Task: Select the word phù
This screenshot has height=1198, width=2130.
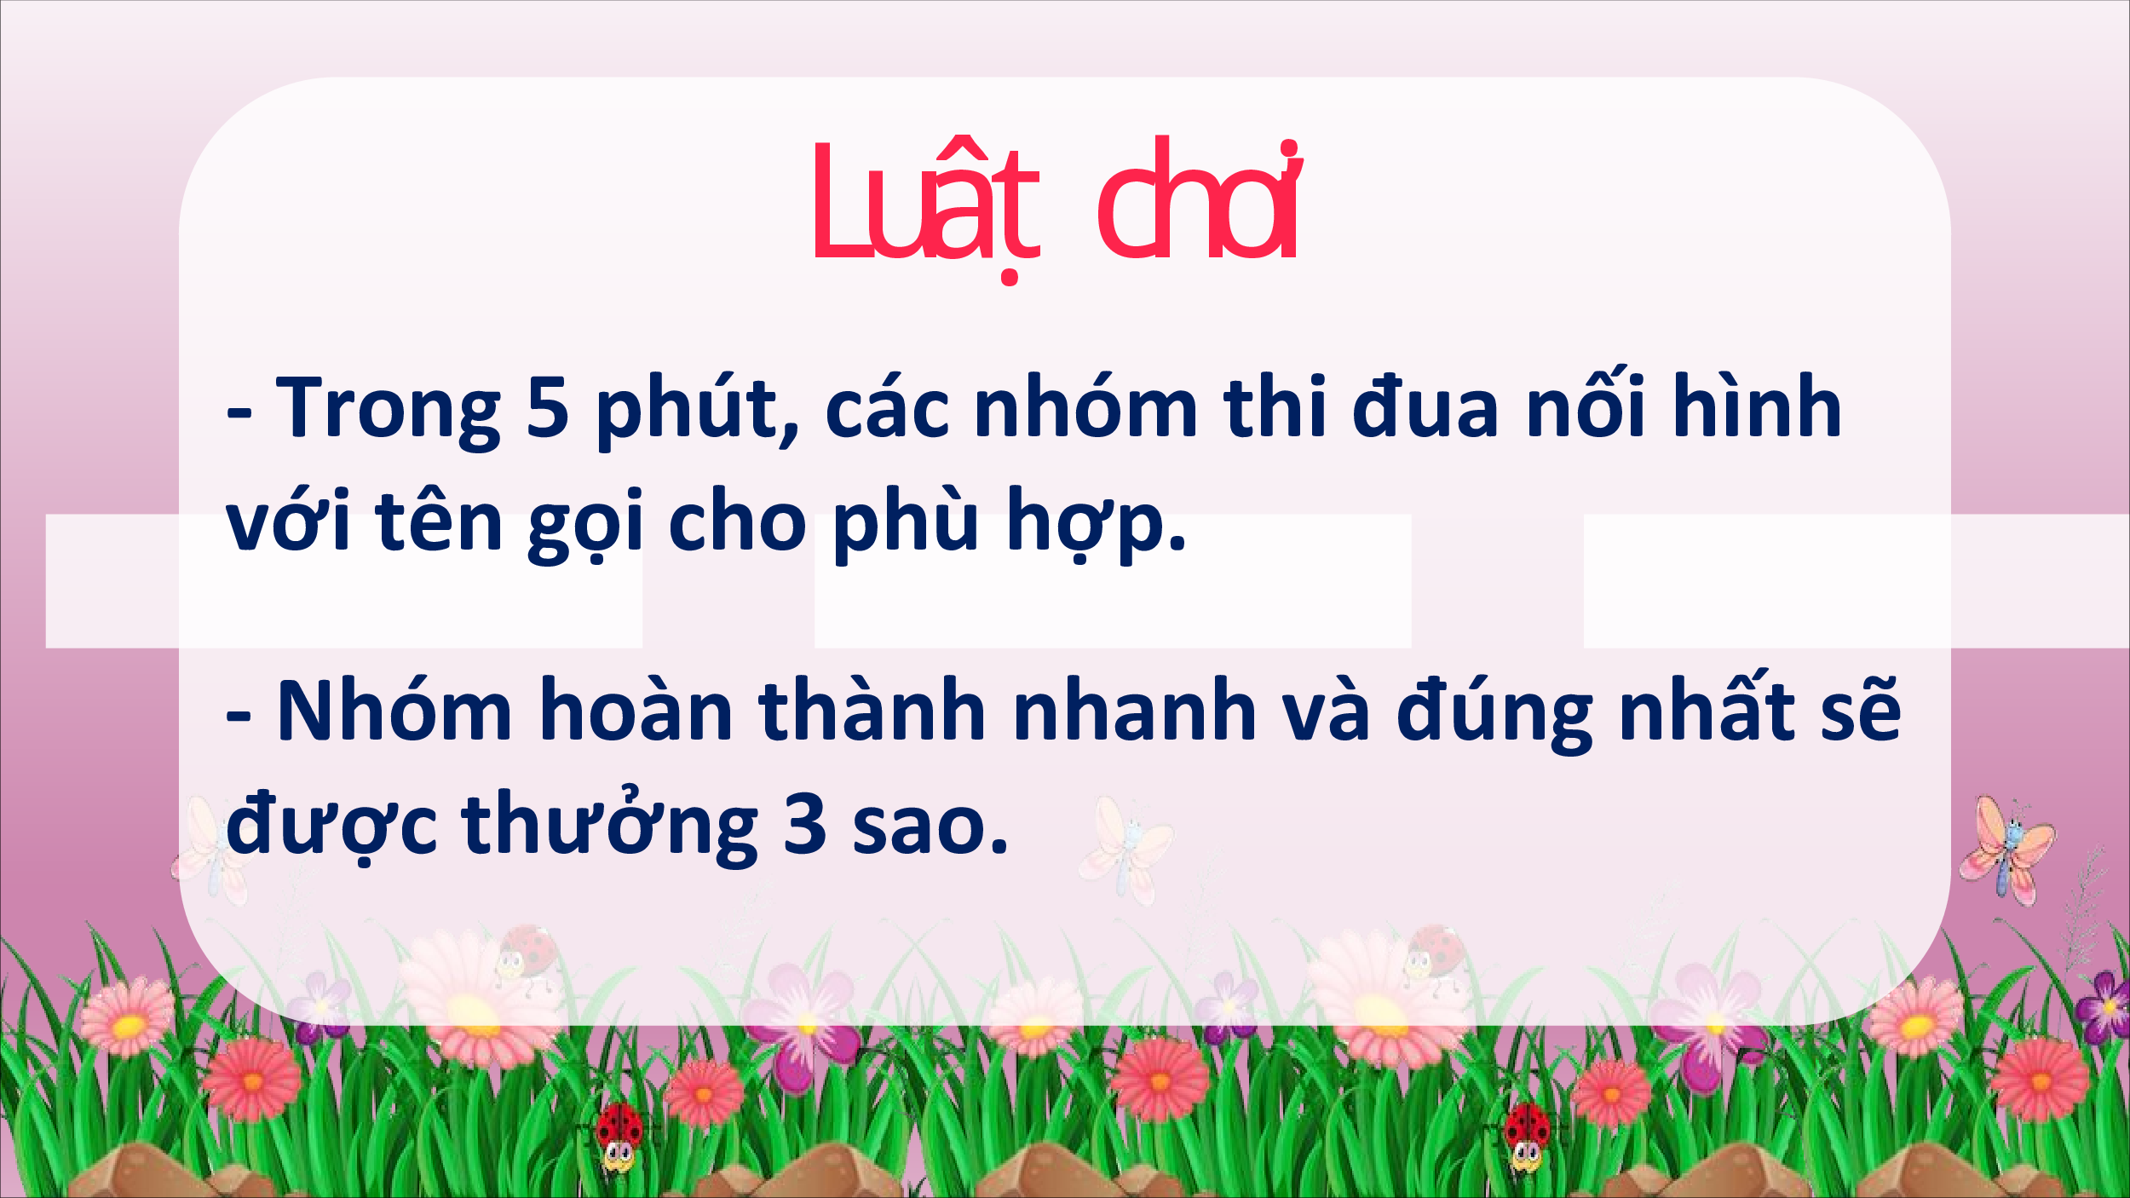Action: [x=906, y=522]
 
